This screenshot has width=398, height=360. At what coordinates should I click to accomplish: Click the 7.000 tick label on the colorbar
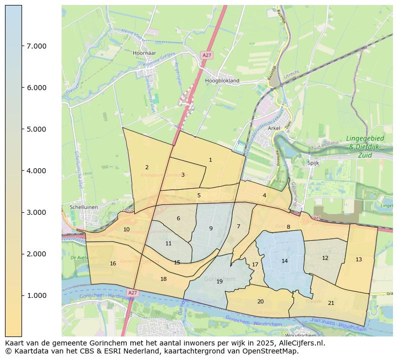37,46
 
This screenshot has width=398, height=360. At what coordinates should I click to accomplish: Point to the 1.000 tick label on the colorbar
37,295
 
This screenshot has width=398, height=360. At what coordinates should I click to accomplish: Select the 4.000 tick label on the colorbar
37,171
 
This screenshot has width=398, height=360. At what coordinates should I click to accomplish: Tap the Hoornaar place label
145,53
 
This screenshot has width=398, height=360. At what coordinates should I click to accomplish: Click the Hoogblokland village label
222,80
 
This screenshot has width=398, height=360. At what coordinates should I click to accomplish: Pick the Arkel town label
274,128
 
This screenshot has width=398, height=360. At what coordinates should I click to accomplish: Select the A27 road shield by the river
132,292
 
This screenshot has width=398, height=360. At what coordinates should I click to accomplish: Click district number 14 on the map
284,261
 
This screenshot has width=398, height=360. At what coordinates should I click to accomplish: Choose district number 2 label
147,167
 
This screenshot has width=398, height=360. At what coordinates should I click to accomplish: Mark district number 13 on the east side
358,259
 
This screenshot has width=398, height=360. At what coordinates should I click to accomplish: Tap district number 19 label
219,281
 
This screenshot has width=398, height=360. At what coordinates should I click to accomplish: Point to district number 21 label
331,303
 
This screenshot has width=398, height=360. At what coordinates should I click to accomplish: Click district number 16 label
113,263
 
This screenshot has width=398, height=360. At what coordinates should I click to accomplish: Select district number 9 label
211,228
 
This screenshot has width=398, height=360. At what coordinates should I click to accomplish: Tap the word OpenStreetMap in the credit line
274,351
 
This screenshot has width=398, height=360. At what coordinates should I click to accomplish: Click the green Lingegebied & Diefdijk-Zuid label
365,147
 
